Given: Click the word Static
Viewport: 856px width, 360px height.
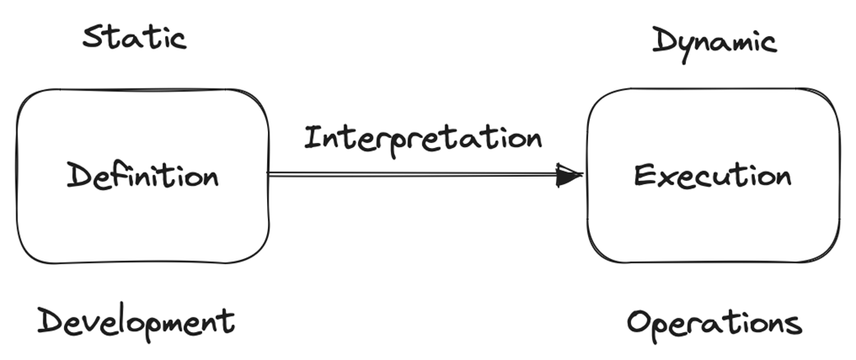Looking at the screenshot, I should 135,38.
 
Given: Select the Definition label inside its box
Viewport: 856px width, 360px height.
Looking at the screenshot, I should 143,176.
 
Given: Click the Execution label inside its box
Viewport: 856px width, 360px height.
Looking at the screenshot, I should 712,176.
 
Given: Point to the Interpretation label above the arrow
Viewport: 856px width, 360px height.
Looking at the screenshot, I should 422,138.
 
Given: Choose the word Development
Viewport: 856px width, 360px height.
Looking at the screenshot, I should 136,321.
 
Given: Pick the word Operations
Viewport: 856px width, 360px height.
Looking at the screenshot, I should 714,323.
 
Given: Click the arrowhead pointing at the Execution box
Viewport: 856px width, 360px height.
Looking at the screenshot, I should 568,174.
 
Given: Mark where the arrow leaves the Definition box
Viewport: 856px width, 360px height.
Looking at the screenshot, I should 271,174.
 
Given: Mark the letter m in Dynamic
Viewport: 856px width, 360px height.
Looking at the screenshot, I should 729,41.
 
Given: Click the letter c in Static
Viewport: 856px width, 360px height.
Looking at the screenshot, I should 179,39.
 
